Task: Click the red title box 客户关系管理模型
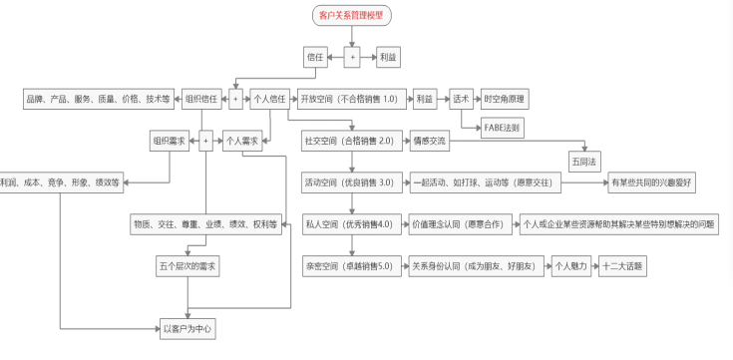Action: [x=351, y=16]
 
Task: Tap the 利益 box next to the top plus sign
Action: [x=389, y=59]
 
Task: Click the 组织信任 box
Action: [x=203, y=99]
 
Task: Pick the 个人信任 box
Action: [x=269, y=99]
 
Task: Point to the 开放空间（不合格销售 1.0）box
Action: [x=349, y=99]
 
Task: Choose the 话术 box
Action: [x=460, y=99]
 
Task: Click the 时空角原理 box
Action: [x=506, y=99]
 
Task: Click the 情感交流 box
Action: [x=429, y=142]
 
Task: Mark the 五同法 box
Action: [x=582, y=160]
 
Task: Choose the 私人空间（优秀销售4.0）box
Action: [x=349, y=224]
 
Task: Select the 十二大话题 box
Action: [x=623, y=266]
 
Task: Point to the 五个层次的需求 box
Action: [x=187, y=266]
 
